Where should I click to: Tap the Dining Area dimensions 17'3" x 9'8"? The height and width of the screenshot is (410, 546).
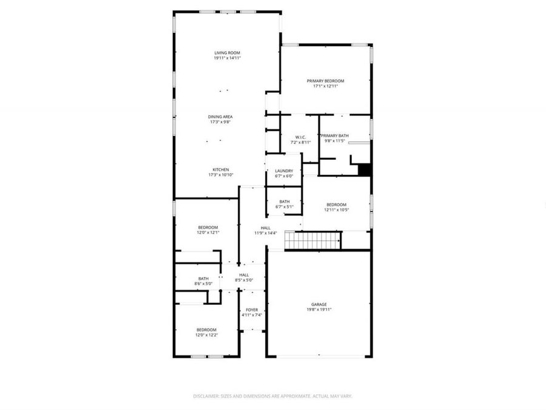tap(220, 122)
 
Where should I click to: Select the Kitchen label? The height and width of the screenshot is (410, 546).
tap(220, 169)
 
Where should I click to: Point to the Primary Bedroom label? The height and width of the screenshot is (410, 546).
tap(325, 81)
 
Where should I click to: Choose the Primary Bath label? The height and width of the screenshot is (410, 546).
tap(335, 135)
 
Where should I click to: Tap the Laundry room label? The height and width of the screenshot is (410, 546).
tap(284, 171)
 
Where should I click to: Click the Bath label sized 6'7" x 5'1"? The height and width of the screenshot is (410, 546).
tap(284, 202)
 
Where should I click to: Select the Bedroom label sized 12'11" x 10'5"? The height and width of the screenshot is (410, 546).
tap(336, 205)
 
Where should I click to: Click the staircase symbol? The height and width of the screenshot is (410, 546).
tap(312, 241)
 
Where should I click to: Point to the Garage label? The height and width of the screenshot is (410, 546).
tap(319, 304)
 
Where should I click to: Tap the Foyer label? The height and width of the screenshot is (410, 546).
tap(252, 310)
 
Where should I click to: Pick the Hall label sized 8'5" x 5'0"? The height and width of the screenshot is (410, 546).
tap(244, 275)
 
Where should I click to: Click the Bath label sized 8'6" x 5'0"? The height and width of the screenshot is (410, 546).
tap(203, 279)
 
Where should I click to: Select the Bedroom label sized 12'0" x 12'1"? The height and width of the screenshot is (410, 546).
tap(207, 227)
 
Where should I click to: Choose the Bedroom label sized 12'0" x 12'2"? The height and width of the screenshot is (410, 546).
tap(206, 330)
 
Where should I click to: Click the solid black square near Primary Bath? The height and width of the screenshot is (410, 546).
tap(364, 170)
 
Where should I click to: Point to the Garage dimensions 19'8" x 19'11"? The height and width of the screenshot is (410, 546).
tap(319, 310)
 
